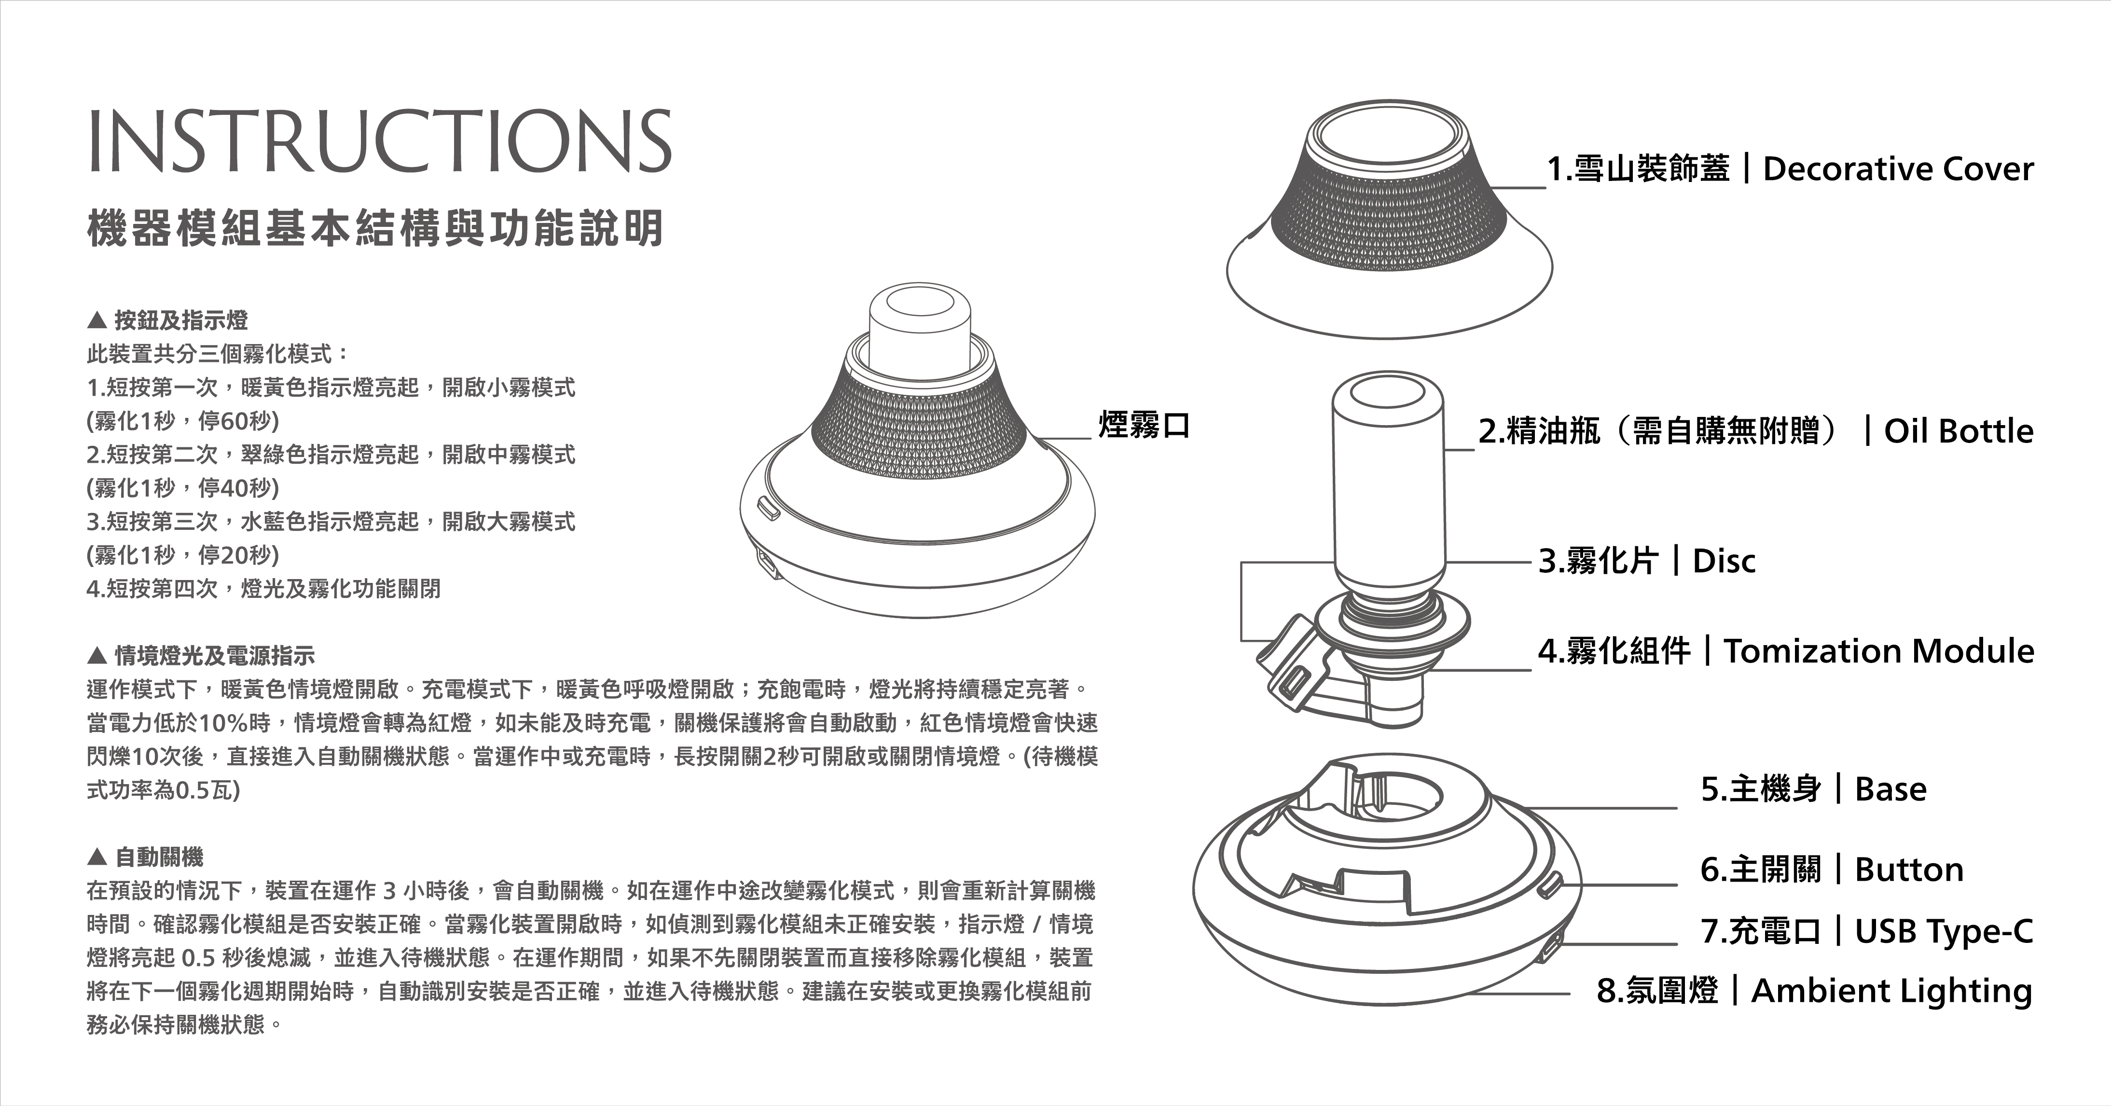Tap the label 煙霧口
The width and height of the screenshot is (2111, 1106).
coord(1144,425)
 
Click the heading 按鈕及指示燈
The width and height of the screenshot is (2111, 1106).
coord(180,320)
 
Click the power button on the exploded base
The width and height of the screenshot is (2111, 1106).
coord(1550,884)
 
